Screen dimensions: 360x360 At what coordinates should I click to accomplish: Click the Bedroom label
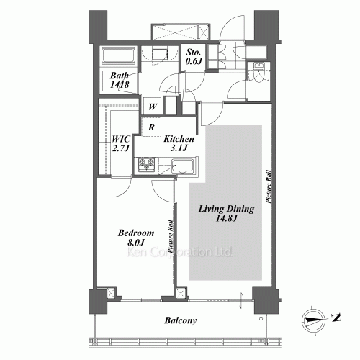[136, 233]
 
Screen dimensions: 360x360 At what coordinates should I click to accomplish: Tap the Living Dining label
[226, 209]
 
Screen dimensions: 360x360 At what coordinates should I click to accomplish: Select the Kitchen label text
[179, 139]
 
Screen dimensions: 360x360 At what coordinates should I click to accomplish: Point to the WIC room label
[121, 139]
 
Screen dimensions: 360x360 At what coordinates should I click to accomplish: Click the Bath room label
[120, 76]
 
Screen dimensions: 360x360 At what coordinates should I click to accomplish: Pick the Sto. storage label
[194, 52]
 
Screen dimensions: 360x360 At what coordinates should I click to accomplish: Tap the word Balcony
[181, 320]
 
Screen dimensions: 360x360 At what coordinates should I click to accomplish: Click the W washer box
[153, 106]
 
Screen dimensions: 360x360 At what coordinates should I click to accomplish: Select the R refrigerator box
[151, 127]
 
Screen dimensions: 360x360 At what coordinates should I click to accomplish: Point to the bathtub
[119, 55]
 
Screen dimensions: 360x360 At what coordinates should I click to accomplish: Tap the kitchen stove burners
[146, 164]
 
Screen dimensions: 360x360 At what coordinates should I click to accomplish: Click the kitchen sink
[182, 166]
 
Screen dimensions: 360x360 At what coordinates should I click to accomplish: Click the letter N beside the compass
[336, 318]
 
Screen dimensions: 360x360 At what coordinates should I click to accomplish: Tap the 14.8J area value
[226, 219]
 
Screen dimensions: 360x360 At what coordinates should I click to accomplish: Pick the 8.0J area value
[136, 243]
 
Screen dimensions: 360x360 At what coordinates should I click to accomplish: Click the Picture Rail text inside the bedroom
[170, 236]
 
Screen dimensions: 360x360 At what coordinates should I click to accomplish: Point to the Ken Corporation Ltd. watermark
[179, 252]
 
